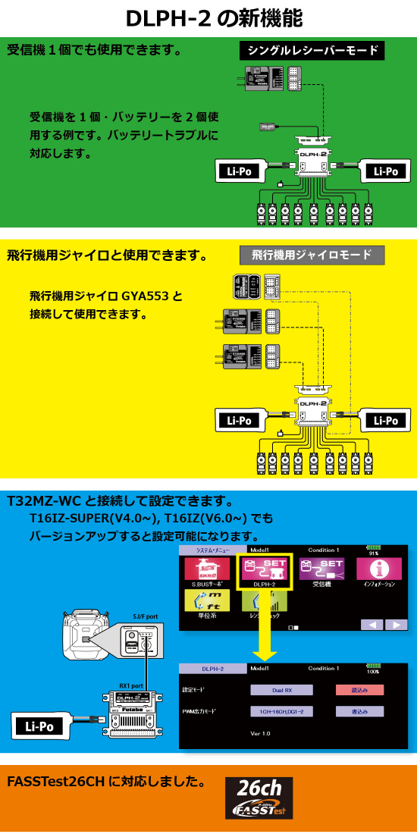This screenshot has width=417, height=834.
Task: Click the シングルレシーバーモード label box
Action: coord(312,52)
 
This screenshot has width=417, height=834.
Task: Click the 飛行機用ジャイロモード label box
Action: coord(312,256)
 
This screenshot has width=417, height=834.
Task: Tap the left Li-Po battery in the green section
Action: coord(240,171)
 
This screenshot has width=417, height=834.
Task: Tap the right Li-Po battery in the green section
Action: coord(386,171)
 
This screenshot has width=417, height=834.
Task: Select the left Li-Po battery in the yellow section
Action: coord(240,419)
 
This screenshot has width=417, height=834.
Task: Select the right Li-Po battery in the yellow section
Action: coord(386,419)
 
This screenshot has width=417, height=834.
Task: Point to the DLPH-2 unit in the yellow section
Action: coord(313,409)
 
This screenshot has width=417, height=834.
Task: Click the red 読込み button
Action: coord(360,690)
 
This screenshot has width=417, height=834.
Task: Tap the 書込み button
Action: coord(360,712)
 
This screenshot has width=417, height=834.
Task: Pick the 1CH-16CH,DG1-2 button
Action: coord(282,712)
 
